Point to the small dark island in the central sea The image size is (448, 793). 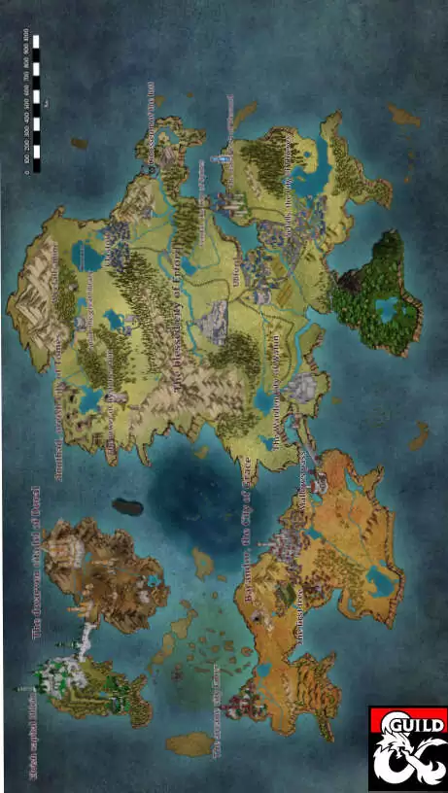[x=126, y=506]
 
